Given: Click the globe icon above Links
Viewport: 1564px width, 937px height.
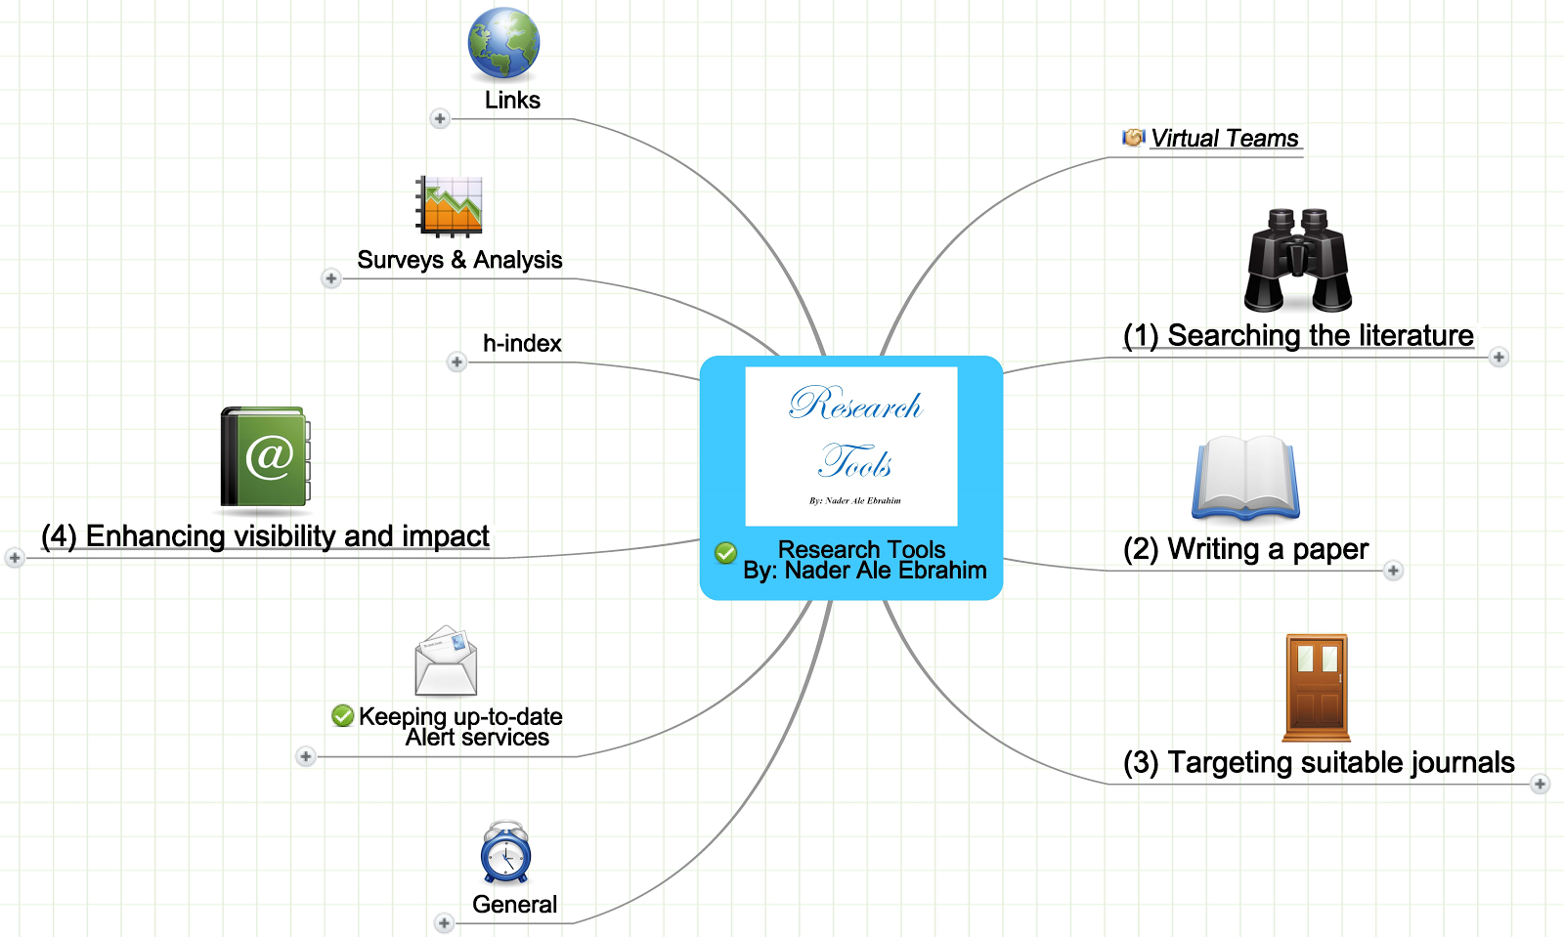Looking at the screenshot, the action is coord(503,43).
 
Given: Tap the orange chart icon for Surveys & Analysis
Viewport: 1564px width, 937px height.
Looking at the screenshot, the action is coord(449,206).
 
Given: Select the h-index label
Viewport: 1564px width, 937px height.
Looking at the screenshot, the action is coord(522,343).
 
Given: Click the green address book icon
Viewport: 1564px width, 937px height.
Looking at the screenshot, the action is coord(265,456).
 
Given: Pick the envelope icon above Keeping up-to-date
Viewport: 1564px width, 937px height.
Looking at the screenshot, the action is coord(446,660).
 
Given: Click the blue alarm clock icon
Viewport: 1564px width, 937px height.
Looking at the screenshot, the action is coord(505,852).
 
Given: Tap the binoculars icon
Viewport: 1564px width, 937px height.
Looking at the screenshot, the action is coord(1298,260).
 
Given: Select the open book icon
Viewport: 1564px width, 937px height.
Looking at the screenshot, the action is coord(1245,478).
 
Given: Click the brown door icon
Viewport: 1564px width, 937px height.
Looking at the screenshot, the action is coord(1317,687).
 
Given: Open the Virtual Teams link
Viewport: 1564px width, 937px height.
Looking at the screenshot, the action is coord(1225,138).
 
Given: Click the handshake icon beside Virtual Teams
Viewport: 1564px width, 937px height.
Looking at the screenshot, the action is coord(1133,138).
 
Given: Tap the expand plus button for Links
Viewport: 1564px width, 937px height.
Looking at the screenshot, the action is coord(440,118).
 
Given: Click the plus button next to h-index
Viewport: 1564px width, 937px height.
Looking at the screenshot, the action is coord(456,362).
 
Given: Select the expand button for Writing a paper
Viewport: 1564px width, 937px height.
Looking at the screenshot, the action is coord(1393,571).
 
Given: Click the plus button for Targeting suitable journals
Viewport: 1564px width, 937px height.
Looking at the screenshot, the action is coord(1540,785).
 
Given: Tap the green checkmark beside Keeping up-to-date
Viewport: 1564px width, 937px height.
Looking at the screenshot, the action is coord(343,716).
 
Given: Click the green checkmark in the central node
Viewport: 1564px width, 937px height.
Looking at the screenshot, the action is coord(725,553).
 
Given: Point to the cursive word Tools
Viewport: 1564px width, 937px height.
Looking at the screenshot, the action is coord(854,461).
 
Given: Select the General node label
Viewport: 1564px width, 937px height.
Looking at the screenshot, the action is coord(514,904).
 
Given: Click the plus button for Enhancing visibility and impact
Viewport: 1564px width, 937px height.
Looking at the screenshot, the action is coord(15,558).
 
